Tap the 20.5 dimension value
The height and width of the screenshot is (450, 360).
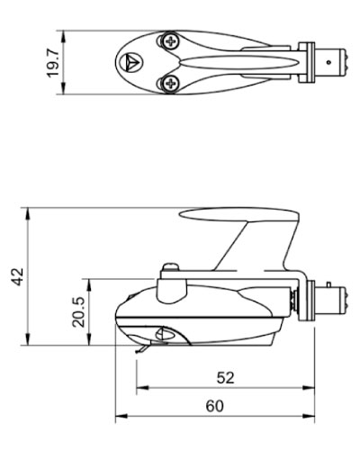(79, 312)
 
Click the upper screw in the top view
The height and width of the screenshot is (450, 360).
(171, 40)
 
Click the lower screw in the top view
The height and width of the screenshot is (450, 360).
(171, 83)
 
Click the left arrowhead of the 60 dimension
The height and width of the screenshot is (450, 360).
(118, 418)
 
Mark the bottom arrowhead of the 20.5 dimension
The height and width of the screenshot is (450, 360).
(89, 342)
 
